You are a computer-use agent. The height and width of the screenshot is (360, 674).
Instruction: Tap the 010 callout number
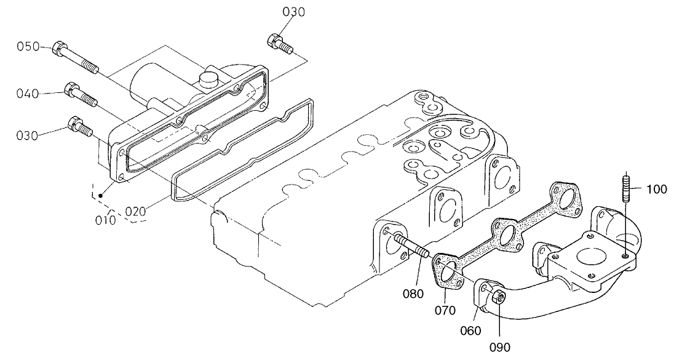[x=105, y=220]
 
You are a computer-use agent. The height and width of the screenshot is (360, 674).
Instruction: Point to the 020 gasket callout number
[x=135, y=211]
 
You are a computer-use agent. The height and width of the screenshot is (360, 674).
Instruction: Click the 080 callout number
[x=413, y=293]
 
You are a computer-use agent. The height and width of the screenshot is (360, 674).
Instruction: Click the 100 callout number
[x=657, y=190]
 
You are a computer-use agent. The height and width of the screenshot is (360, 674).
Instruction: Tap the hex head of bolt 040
[x=71, y=90]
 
